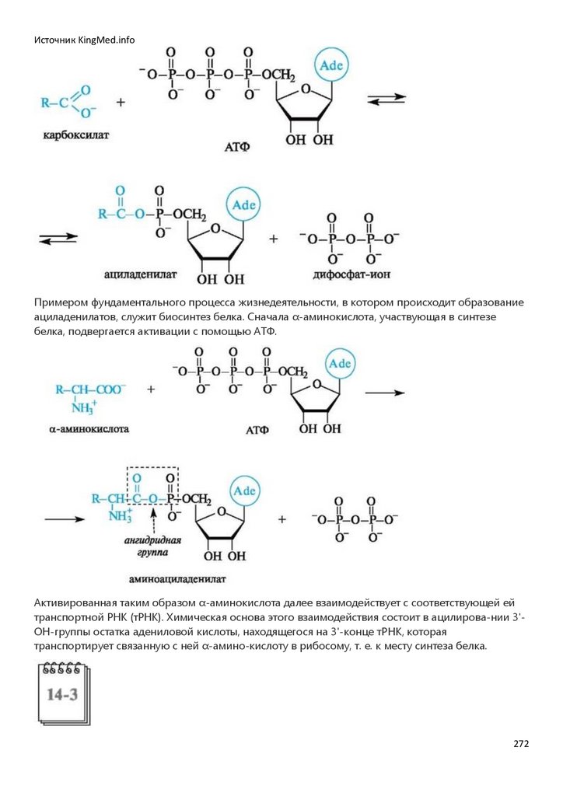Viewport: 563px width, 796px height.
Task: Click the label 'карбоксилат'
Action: click(76, 135)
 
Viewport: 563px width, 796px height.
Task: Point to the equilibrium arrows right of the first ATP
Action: click(386, 100)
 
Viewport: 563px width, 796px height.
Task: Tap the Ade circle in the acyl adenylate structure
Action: click(243, 205)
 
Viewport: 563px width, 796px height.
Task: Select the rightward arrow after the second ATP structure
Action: click(385, 393)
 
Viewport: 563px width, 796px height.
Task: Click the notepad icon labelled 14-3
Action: click(61, 693)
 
